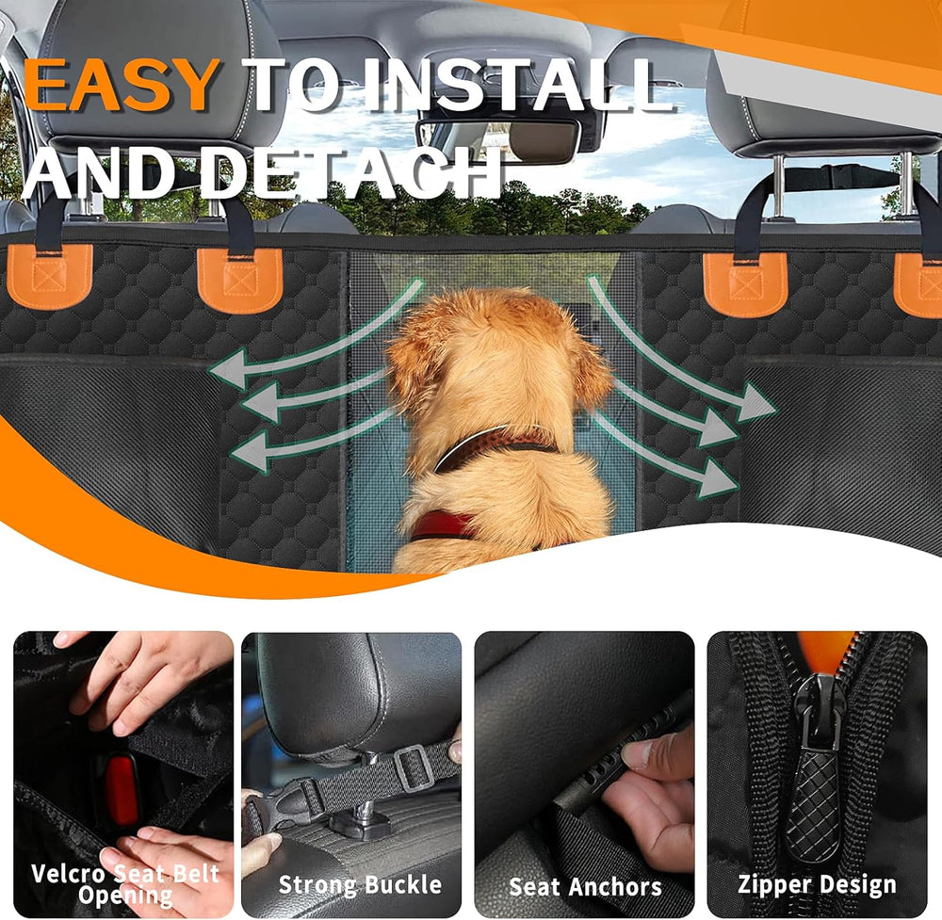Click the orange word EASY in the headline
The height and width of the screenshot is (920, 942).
tap(122, 85)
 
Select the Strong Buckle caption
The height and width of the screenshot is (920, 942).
tap(360, 884)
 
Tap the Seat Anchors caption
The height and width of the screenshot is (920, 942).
tap(585, 886)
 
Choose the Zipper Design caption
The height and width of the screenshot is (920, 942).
tap(816, 884)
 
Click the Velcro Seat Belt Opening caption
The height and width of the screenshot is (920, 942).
tap(125, 883)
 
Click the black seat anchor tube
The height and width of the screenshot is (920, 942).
tap(603, 763)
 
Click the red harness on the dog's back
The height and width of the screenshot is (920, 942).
tap(443, 524)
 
